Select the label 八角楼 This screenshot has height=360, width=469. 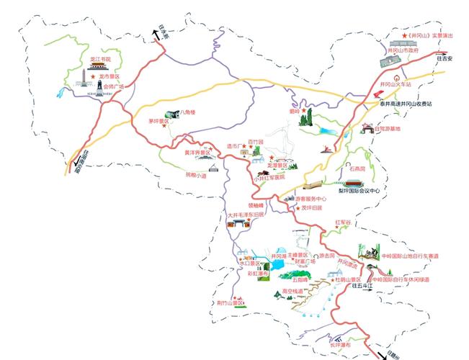[x=188, y=112]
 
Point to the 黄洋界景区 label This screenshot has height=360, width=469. [x=197, y=153]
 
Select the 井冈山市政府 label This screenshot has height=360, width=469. [x=403, y=51]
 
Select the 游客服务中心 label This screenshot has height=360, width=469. [x=311, y=198]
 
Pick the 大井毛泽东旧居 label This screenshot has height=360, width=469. [x=246, y=215]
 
